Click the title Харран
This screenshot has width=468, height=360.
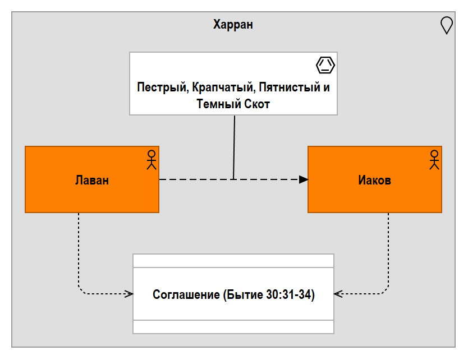(233, 25)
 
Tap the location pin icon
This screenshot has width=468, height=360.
(447, 25)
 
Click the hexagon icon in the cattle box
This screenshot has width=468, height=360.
(325, 65)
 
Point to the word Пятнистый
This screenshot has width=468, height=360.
(290, 87)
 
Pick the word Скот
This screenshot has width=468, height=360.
(257, 104)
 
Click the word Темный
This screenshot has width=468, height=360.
(219, 104)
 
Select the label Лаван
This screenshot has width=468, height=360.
(92, 180)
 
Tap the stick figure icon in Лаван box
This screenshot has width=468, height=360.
(152, 160)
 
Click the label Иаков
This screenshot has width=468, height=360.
(375, 180)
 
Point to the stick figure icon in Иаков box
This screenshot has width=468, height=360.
(434, 160)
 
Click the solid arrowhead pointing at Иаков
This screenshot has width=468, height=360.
(304, 179)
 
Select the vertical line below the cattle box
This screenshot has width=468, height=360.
(234, 147)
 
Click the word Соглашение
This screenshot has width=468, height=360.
(186, 294)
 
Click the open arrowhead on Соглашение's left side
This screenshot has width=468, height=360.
(129, 294)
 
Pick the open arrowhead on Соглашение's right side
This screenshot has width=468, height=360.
(338, 294)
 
